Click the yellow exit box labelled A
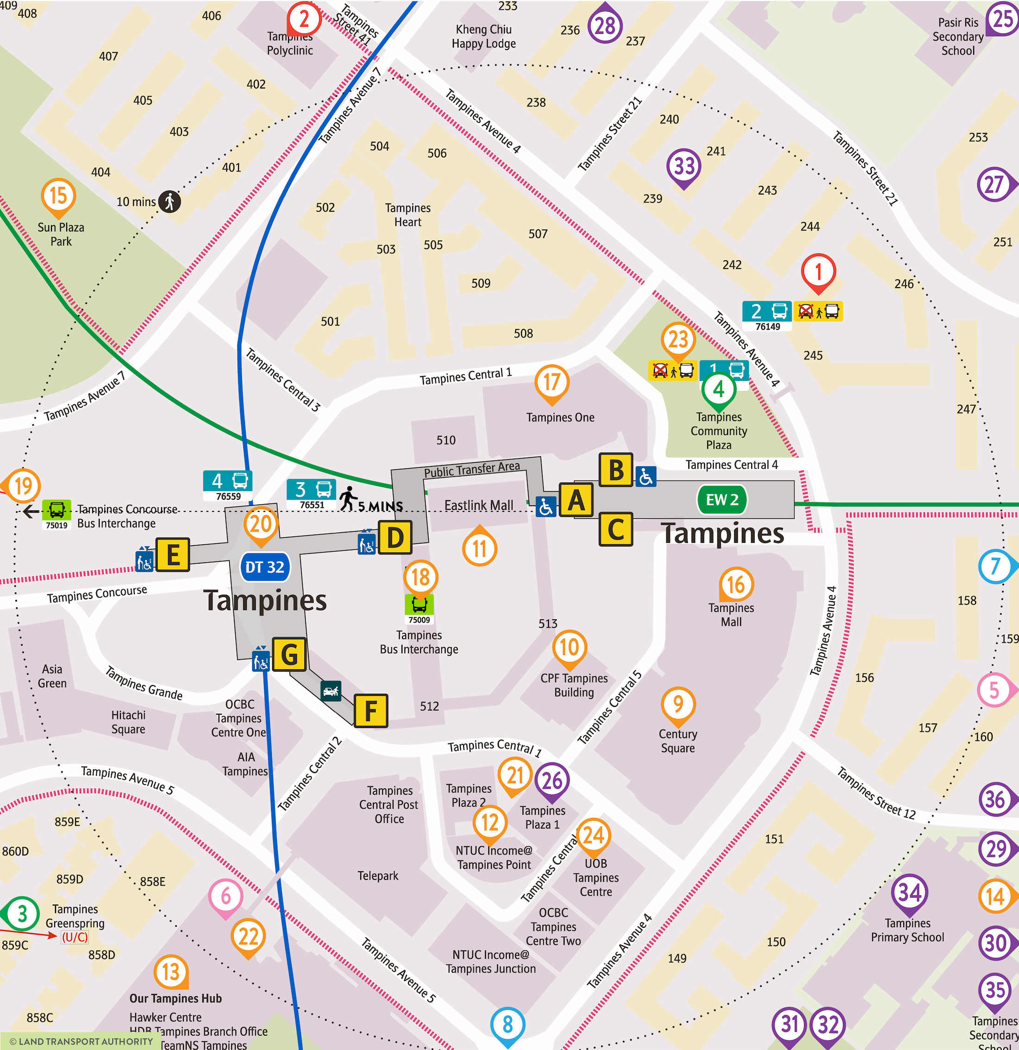coord(576,500)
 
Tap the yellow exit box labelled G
coord(289,654)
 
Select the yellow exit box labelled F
coord(371,710)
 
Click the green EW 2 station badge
coord(722,500)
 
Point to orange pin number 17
coord(551,383)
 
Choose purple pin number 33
coord(684,166)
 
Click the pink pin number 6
coord(226,896)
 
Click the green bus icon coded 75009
coord(419,604)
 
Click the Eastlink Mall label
coord(478,505)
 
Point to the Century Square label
coord(678,741)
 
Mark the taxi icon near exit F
coord(331,691)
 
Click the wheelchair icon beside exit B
coord(646,476)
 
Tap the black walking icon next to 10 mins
coord(170,201)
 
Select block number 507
coord(538,233)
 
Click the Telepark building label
coord(377,876)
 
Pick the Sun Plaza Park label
coord(61,234)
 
